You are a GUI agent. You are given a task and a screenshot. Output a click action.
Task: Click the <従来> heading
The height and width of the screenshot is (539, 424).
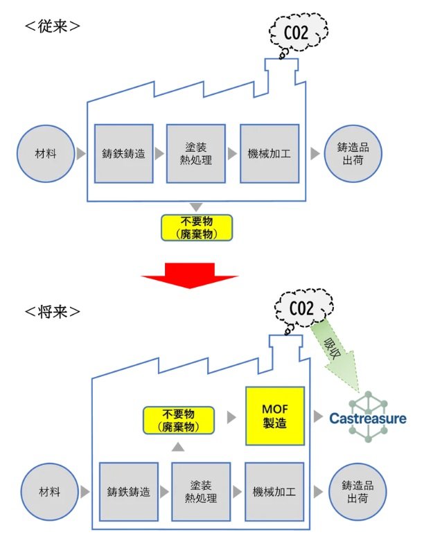click(52, 27)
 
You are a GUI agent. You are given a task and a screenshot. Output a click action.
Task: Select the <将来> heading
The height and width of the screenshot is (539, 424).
click(52, 310)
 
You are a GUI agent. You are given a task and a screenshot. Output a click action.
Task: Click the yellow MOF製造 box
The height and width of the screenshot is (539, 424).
click(275, 416)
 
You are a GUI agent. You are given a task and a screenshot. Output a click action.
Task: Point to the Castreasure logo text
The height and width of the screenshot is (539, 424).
click(367, 418)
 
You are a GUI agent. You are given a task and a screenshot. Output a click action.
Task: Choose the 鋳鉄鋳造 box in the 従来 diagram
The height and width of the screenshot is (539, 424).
click(123, 154)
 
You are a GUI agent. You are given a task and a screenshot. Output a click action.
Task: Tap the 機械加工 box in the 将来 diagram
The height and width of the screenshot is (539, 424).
click(272, 493)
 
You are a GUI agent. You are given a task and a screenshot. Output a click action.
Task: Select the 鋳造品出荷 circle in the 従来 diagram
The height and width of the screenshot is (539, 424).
click(351, 154)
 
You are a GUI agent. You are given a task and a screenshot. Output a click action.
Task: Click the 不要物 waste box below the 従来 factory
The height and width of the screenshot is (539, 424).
click(195, 227)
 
